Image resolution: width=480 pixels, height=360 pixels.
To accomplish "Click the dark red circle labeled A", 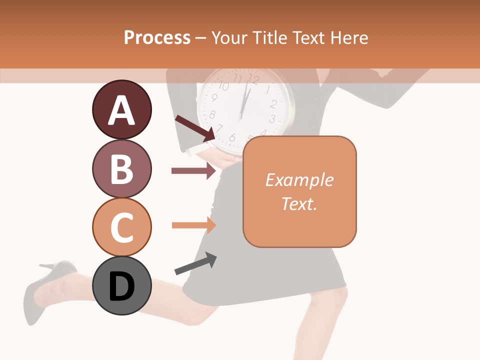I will coord(121,109).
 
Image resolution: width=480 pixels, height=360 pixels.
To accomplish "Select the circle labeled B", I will coord(121,168).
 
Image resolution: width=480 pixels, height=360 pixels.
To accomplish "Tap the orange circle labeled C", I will coord(121,227).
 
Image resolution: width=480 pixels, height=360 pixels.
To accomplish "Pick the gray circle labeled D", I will coord(121,286).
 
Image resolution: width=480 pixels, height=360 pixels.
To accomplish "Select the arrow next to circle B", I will coord(193,171).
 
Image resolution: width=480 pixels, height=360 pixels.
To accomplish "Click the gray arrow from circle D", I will coord(195,263).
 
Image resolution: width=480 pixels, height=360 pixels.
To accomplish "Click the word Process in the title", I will coord(157,37).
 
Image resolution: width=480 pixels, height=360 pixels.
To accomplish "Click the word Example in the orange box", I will coord(299,180).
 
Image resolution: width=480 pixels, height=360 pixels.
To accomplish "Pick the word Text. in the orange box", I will coord(299,203).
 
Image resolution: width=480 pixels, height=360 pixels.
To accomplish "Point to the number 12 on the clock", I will coord(253,79).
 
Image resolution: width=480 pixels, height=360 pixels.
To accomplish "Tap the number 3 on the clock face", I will coord(272,119).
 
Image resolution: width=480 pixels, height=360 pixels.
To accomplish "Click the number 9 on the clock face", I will coord(214,98).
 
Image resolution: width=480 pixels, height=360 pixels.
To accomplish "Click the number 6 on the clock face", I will coord(232,137).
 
